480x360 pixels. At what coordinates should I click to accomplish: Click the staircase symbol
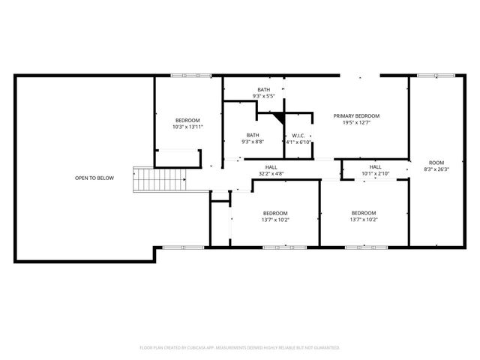(x=159, y=180)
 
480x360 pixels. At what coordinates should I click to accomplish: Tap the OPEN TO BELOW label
(x=94, y=178)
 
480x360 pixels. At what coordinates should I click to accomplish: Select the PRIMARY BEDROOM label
(x=356, y=115)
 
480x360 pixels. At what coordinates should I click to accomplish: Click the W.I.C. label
(x=297, y=136)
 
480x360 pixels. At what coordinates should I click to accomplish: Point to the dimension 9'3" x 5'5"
(x=263, y=96)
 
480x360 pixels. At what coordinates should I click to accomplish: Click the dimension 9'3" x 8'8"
(x=253, y=142)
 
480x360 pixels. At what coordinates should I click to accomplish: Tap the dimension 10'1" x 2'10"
(x=375, y=173)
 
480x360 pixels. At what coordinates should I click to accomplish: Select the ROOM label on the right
(x=436, y=163)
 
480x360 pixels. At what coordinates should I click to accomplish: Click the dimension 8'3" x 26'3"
(x=436, y=169)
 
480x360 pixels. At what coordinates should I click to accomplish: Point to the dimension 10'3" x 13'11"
(x=187, y=127)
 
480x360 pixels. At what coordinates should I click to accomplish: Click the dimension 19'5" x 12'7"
(x=356, y=122)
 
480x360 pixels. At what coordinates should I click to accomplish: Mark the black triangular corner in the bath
(x=279, y=117)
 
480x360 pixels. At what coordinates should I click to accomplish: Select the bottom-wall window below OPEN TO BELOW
(x=178, y=246)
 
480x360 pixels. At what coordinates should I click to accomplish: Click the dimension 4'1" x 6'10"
(x=297, y=142)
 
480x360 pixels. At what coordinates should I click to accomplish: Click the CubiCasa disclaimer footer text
(x=240, y=347)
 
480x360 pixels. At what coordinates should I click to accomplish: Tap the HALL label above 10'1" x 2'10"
(x=375, y=166)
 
